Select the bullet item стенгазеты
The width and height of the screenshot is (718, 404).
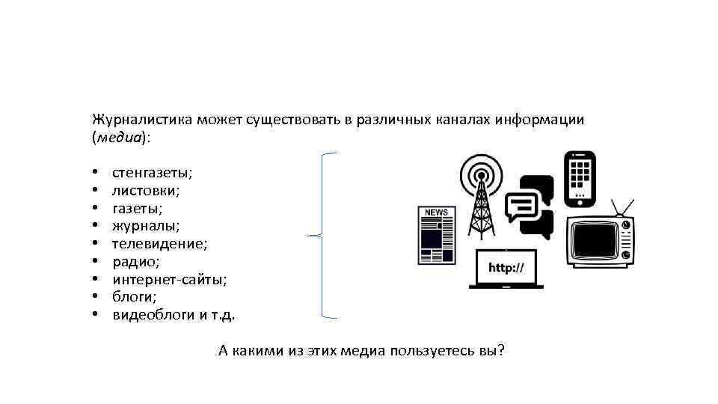click(x=152, y=173)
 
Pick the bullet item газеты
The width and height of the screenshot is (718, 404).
click(x=137, y=209)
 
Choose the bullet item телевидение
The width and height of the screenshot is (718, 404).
click(x=159, y=244)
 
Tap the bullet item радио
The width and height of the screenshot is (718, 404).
click(x=135, y=262)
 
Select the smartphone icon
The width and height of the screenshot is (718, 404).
click(x=579, y=180)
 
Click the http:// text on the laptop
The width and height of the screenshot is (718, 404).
click(x=506, y=268)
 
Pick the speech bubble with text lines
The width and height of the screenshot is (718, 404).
click(x=522, y=203)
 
